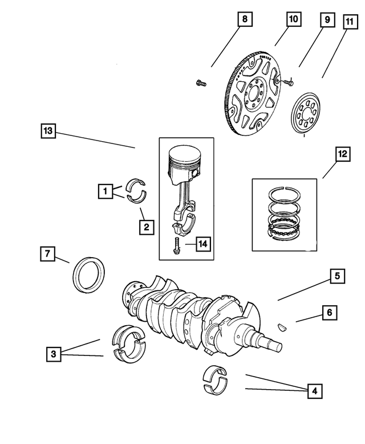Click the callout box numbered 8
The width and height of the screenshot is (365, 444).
tap(244, 20)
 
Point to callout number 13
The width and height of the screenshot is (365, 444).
tap(48, 131)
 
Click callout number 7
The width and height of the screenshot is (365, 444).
tap(48, 252)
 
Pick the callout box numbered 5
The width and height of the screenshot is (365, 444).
tap(337, 277)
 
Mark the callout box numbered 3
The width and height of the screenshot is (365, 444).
tap(53, 354)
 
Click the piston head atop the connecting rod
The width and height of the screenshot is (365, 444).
tap(184, 161)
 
